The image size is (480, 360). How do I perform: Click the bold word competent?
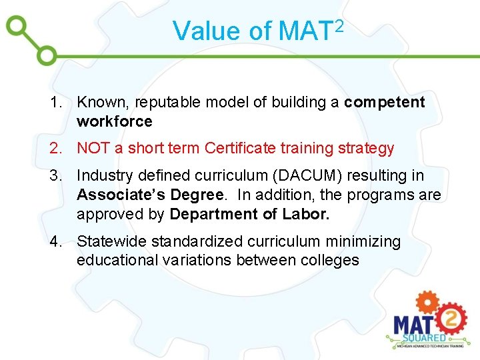[385, 103]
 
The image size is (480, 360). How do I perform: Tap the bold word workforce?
[114, 121]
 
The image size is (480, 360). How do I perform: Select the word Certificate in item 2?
[241, 148]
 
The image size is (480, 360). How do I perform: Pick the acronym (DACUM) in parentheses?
[296, 176]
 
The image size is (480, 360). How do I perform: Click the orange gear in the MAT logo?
[427, 303]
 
